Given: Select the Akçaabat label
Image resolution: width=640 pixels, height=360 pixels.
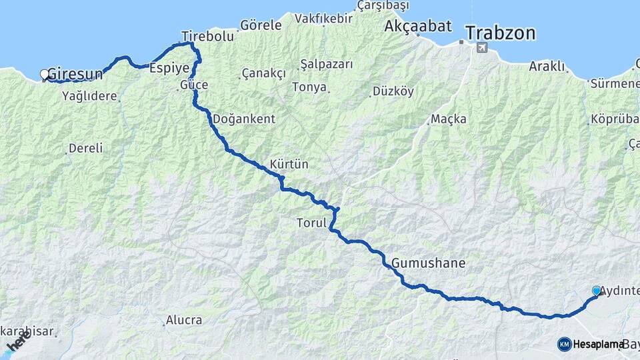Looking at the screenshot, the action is coord(418,27).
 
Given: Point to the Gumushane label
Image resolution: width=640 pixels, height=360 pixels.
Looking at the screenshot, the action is coord(428,263).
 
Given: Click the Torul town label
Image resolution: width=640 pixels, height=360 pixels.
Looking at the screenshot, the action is coord(311,224).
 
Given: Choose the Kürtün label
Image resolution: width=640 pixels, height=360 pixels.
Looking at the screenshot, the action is coord(289,164).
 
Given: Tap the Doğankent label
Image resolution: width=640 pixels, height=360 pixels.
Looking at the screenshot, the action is coord(243,119).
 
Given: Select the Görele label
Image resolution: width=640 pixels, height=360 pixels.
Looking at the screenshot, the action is coord(261,25).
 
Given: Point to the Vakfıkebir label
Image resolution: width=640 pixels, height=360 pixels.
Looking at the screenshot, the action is coord(323,18).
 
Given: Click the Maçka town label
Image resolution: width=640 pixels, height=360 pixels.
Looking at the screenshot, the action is coord(448,119).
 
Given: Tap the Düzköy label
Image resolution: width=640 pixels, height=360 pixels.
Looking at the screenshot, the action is coord(393,91).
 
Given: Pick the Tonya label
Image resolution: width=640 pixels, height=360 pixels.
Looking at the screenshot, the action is coord(309,87).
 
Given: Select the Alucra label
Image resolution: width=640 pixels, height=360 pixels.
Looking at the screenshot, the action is coord(184,320).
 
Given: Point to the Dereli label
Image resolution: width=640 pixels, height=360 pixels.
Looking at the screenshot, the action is coord(87,148).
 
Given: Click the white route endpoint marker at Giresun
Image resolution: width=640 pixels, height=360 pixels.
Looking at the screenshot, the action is coord(45,74).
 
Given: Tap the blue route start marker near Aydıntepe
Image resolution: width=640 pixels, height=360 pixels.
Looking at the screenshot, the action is coord(596,291).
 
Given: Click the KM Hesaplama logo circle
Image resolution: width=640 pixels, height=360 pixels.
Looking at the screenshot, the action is coord(565,344).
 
